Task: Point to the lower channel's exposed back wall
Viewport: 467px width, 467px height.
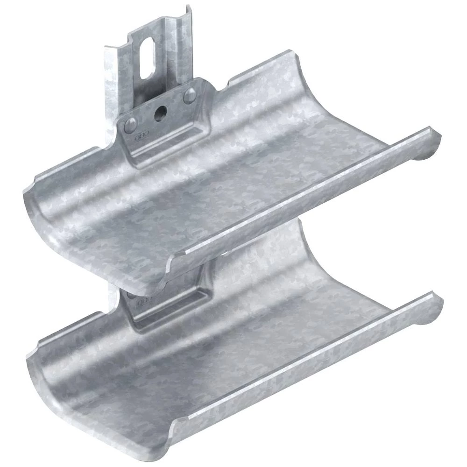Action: click(262, 262)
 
